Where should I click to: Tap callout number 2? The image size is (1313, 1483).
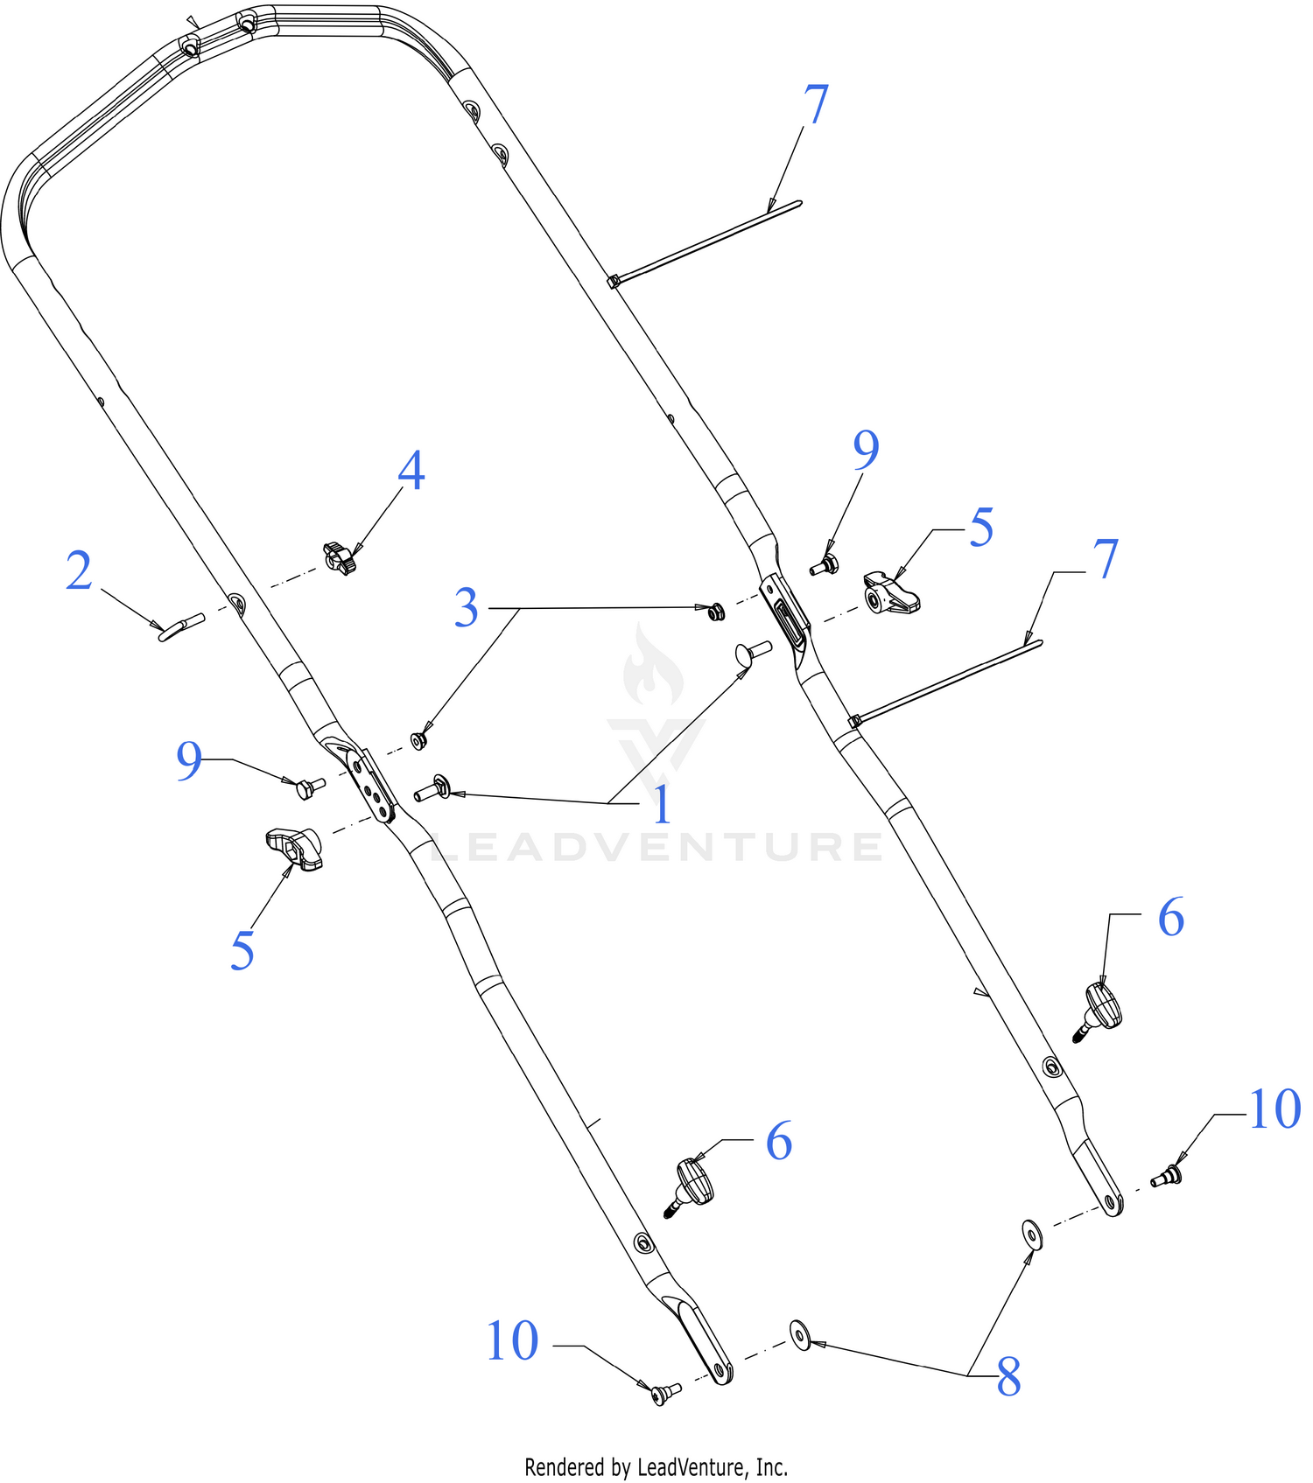click(79, 571)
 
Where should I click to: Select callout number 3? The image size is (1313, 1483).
click(467, 608)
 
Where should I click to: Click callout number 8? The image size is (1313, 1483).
click(1009, 1377)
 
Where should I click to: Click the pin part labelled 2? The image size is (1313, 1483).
click(181, 627)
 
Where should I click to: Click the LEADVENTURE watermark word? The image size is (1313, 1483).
click(656, 847)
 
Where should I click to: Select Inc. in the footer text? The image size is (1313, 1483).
click(771, 1466)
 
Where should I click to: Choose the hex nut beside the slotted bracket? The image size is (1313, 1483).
click(716, 611)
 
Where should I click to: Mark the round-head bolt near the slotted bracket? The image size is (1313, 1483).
click(752, 653)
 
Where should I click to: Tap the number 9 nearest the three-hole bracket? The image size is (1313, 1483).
click(189, 760)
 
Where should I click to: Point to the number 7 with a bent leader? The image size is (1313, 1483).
click(1106, 559)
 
